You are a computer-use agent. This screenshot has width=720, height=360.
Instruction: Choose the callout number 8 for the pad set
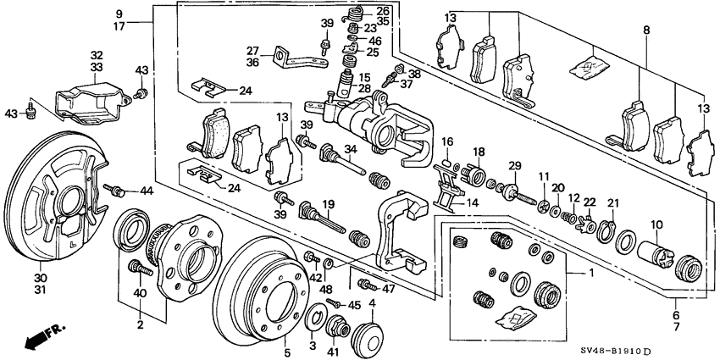(646, 30)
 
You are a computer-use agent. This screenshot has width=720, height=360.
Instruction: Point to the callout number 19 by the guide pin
(327, 205)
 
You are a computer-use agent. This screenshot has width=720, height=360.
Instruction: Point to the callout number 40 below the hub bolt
(140, 293)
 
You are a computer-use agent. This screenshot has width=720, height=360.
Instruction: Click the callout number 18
(479, 151)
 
